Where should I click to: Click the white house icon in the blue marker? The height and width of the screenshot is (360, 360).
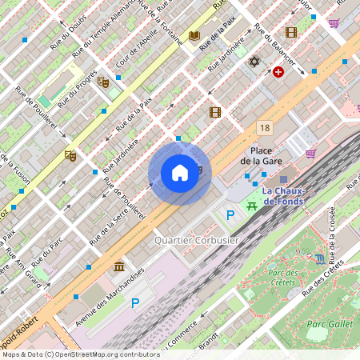pyautogui.click(x=180, y=173)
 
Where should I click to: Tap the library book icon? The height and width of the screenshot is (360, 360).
pyautogui.click(x=194, y=36)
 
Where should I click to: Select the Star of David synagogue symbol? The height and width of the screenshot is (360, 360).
pyautogui.click(x=255, y=62)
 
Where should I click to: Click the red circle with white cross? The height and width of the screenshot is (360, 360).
pyautogui.click(x=278, y=72)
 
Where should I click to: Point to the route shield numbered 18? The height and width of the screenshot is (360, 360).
pyautogui.click(x=264, y=127)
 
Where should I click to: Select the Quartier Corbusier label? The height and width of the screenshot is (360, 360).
pyautogui.click(x=196, y=240)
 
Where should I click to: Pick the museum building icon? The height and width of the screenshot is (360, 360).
pyautogui.click(x=119, y=266)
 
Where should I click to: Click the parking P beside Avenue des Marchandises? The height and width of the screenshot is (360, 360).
pyautogui.click(x=135, y=303)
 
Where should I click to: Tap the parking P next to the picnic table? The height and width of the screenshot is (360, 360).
pyautogui.click(x=231, y=214)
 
